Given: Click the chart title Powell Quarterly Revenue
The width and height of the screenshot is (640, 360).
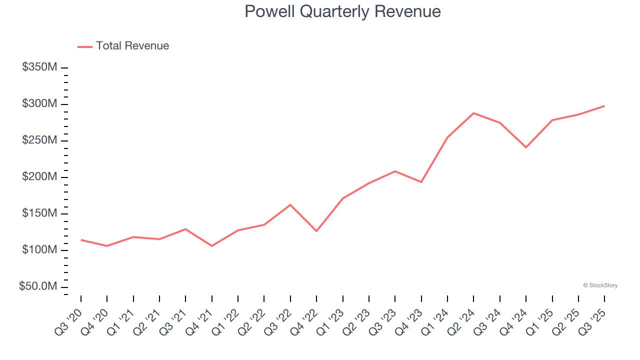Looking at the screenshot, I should (342, 11).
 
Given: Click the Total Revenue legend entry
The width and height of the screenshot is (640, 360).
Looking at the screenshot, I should (123, 46).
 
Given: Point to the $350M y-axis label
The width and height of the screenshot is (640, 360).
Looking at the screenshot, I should (39, 67).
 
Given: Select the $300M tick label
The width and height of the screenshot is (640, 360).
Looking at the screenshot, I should (39, 104).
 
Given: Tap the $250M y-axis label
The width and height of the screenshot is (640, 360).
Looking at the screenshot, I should (39, 140).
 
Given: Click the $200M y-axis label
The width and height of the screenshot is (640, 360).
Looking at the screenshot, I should (39, 177).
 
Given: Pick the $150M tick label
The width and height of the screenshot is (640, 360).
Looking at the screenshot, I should (39, 213).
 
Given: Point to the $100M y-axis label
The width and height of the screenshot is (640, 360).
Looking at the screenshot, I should (39, 250).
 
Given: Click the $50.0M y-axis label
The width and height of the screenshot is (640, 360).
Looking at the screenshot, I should (37, 286).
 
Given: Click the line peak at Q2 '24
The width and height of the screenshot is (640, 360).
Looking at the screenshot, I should (473, 113).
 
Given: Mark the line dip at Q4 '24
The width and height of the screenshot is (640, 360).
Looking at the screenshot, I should (526, 147).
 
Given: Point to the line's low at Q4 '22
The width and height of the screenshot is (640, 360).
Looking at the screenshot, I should (316, 231).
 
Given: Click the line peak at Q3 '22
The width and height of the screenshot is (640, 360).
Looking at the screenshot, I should (290, 205).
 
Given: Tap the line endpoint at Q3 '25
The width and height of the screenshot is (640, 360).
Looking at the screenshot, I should (604, 106).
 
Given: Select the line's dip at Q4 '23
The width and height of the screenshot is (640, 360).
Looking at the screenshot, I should (421, 182).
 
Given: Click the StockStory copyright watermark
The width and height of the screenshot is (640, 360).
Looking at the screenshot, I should (600, 285).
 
